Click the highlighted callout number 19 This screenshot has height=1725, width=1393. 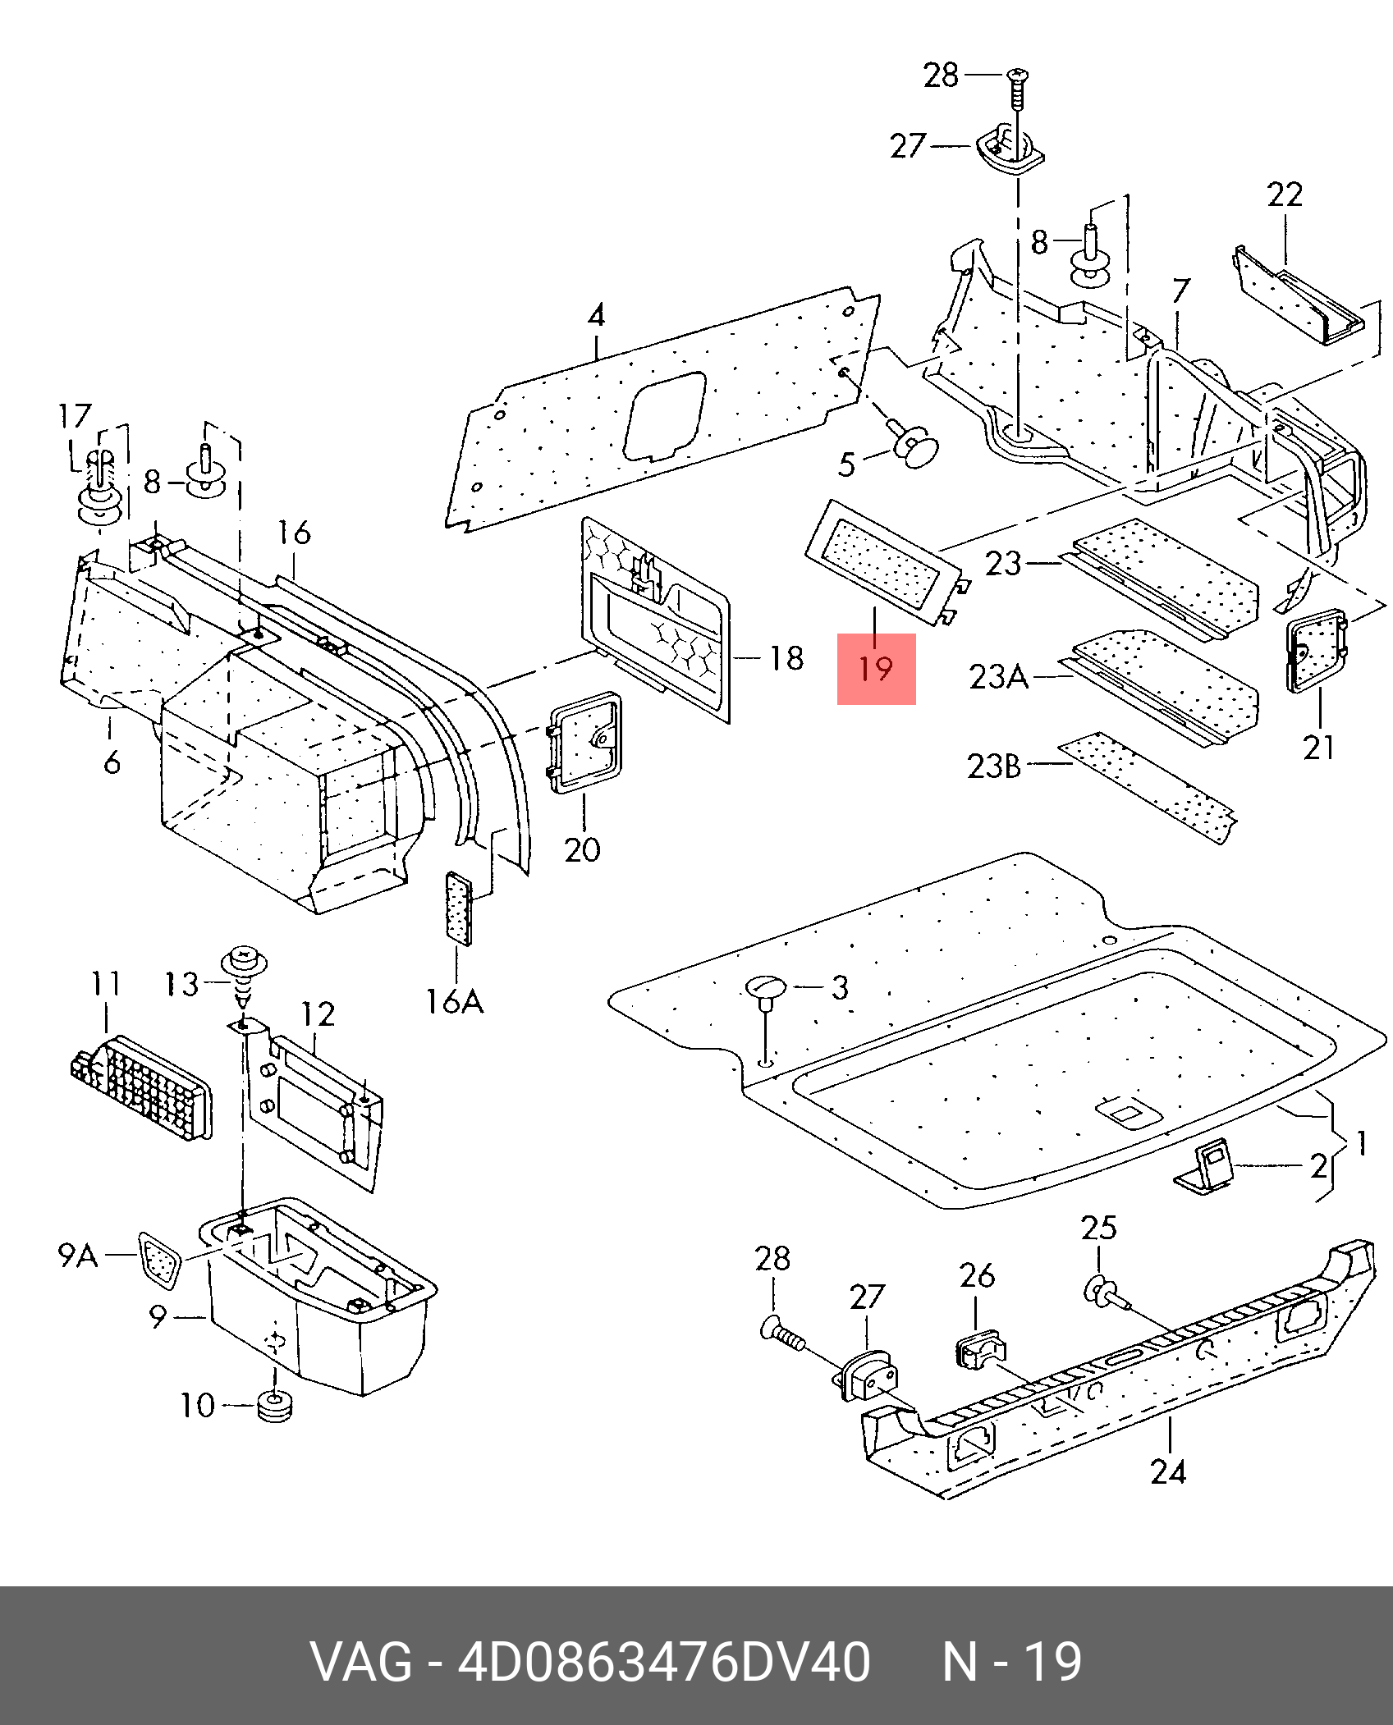tap(876, 669)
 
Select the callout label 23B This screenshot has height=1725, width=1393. tap(994, 766)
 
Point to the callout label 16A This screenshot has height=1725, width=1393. tap(454, 1001)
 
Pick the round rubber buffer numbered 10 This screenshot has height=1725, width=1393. tap(274, 1406)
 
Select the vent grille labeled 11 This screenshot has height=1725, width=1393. tap(140, 1087)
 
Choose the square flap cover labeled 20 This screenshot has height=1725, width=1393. tap(584, 742)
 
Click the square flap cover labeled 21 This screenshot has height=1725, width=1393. tap(1316, 648)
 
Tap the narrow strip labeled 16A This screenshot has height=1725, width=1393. tap(458, 908)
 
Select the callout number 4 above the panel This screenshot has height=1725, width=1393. tap(596, 315)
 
